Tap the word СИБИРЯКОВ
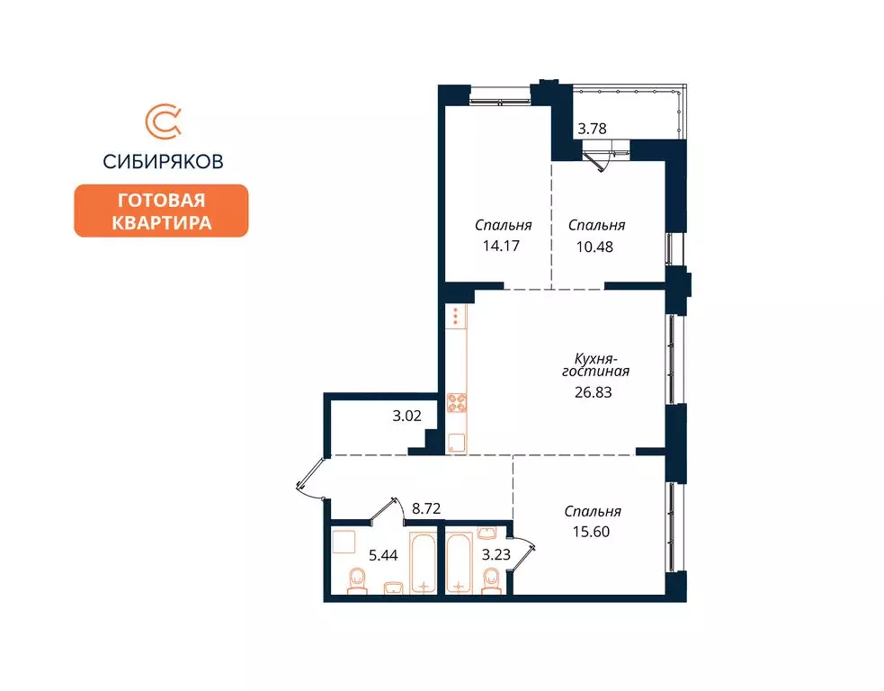[163, 162]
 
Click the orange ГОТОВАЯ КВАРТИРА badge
[161, 211]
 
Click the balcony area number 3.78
[592, 129]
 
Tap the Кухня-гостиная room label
[594, 364]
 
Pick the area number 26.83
[594, 391]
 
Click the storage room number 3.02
[407, 417]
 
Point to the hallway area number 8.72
[426, 508]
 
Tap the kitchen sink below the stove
[457, 442]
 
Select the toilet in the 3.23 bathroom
[491, 583]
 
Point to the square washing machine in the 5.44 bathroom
[344, 542]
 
